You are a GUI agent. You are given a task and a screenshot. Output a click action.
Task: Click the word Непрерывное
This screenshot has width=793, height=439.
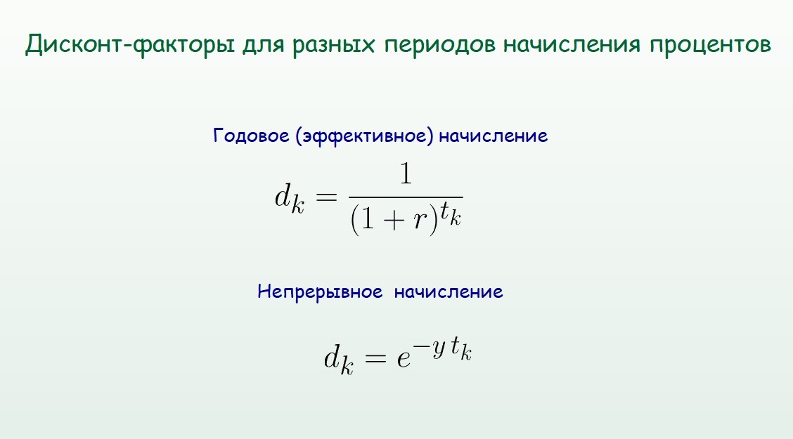coord(320,291)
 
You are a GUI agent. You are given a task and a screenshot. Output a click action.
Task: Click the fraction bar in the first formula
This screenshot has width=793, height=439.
coord(406,197)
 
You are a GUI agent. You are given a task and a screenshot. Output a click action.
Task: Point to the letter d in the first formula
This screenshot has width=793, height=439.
coord(283,195)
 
